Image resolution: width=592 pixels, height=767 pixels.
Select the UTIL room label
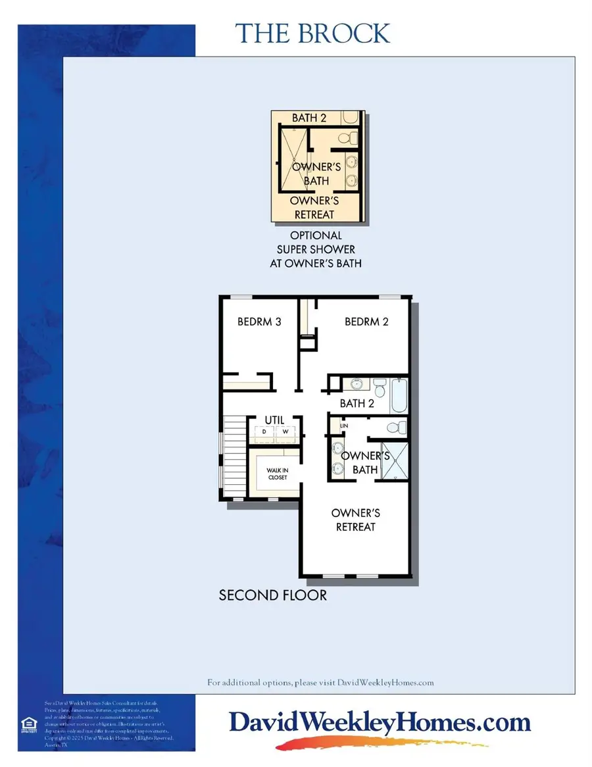[x=274, y=419]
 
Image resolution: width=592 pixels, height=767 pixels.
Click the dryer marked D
[x=264, y=432]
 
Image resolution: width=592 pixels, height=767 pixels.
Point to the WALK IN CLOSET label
[x=277, y=474]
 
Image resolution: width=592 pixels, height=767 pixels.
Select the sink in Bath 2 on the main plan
[x=355, y=384]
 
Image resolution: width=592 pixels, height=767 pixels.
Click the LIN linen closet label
[x=343, y=426]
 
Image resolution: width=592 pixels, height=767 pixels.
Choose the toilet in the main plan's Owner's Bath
[x=395, y=428]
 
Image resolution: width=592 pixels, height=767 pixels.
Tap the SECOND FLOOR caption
[x=272, y=595]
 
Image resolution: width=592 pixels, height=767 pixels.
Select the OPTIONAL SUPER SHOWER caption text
[x=316, y=249]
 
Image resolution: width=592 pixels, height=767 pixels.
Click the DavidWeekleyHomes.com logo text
[x=380, y=722]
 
